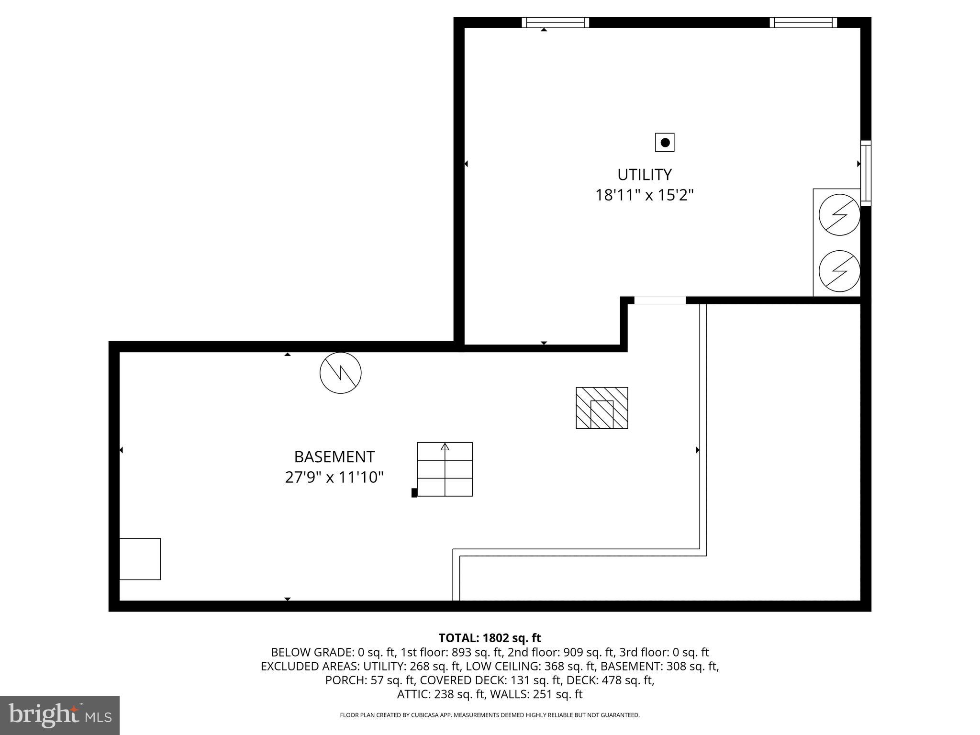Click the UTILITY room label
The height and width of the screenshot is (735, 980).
click(x=644, y=175)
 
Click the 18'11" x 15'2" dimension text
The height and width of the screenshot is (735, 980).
click(x=644, y=195)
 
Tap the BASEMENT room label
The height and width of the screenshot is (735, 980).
click(x=334, y=457)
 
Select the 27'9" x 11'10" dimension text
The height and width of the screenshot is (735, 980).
click(x=334, y=478)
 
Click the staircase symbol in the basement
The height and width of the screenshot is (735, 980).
click(x=445, y=469)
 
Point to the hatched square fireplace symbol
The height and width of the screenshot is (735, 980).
click(x=601, y=408)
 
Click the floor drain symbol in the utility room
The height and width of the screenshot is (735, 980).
click(x=665, y=143)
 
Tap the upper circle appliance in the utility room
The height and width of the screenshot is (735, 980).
click(x=839, y=215)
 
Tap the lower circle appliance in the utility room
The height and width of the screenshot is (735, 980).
click(x=839, y=271)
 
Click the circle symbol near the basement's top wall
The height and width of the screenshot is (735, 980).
click(x=341, y=373)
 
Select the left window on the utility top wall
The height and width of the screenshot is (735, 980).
click(x=555, y=22)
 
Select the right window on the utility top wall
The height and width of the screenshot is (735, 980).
click(x=803, y=22)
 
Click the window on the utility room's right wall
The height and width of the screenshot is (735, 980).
click(x=865, y=173)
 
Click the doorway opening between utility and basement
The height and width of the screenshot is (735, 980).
click(x=660, y=301)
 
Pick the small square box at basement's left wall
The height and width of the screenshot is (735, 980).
click(x=140, y=559)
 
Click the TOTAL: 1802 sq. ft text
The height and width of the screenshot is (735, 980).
click(x=490, y=638)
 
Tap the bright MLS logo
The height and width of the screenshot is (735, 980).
click(x=60, y=715)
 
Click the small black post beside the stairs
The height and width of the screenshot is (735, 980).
click(x=414, y=493)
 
